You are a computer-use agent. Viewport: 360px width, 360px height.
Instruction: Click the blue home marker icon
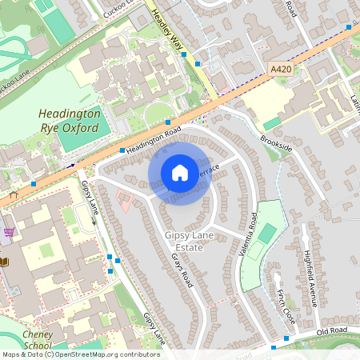click(180, 173)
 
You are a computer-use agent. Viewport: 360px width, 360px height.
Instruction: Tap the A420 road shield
click(281, 70)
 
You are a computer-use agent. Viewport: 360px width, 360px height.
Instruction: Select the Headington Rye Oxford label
click(70, 121)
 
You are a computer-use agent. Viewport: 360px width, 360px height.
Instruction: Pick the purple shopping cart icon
click(9, 232)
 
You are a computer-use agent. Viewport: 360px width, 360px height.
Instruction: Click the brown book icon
click(4, 262)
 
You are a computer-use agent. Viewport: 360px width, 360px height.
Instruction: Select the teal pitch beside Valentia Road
click(266, 234)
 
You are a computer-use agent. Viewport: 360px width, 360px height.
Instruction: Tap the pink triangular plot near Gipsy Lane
click(123, 199)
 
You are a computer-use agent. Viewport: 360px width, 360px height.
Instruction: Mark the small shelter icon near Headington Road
click(13, 194)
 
